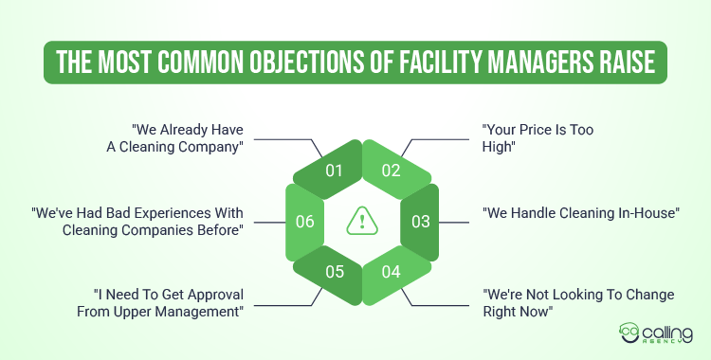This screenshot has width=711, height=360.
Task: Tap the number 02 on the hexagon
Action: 392,171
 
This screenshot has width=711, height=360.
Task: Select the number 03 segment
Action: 421,222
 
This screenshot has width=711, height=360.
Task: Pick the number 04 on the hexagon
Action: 392,272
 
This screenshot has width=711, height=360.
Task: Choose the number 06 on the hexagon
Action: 303,222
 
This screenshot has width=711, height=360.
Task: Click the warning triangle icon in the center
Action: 362,221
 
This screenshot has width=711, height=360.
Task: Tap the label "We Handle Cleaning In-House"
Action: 581,212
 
